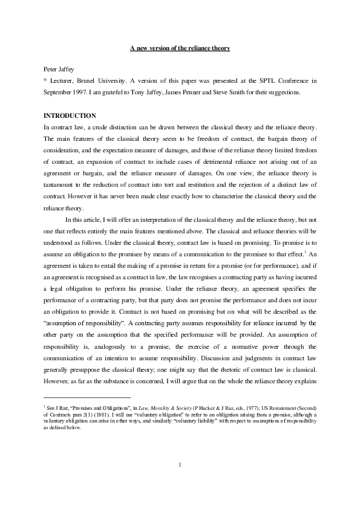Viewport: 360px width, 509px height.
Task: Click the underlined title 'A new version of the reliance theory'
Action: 180,48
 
